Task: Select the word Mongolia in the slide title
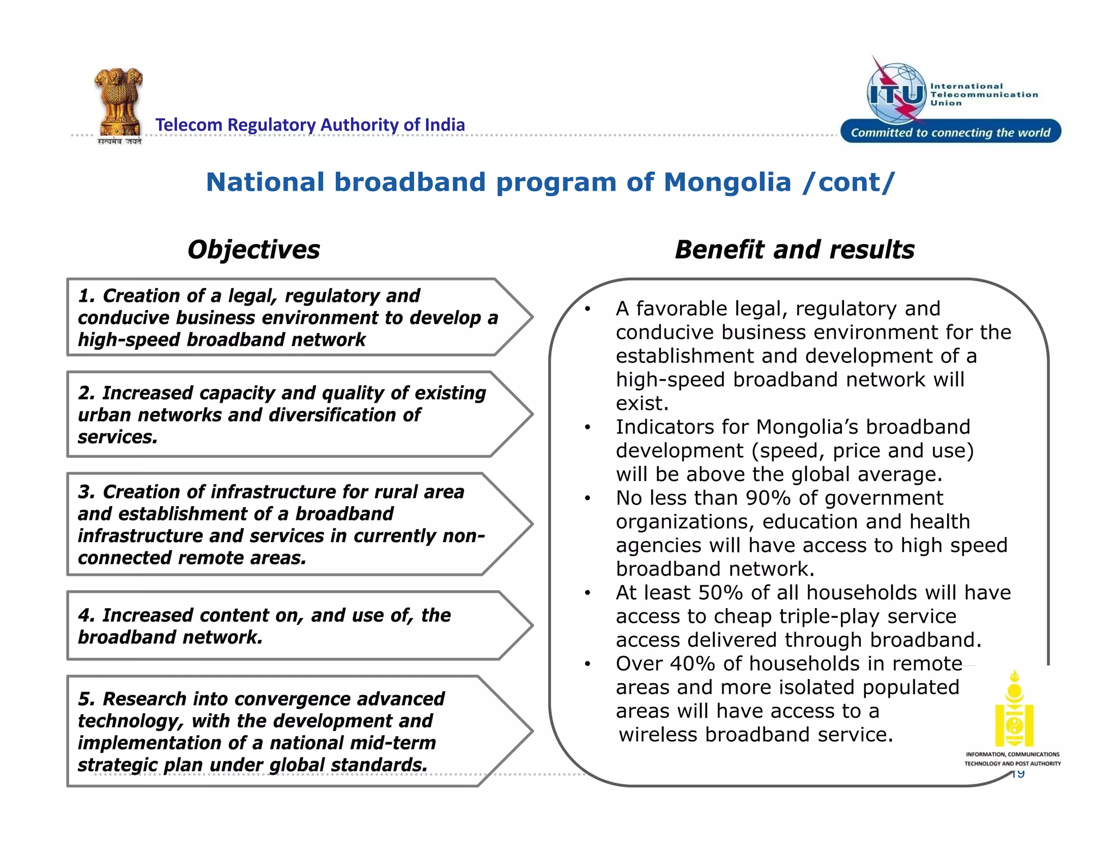pos(727,182)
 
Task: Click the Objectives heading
pos(253,250)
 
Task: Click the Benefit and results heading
pos(794,250)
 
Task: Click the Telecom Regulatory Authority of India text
pos(310,125)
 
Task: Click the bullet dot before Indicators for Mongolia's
pos(587,428)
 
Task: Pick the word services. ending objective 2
pos(118,437)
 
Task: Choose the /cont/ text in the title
pos(848,182)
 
